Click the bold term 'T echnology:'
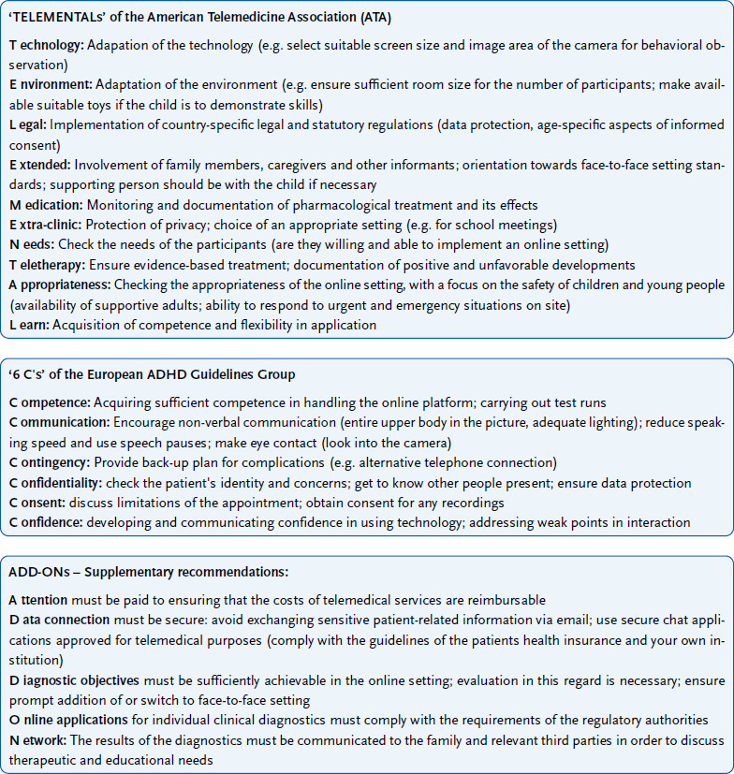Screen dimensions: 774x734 pos(47,45)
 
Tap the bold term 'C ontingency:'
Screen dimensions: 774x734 pos(52,463)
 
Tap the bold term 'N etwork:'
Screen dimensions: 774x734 pos(38,739)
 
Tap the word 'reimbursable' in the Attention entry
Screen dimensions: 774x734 pos(506,600)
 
